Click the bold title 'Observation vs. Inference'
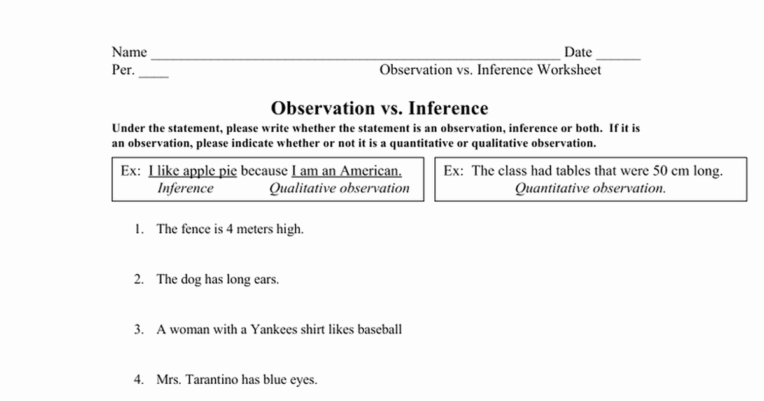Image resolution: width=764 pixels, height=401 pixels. pyautogui.click(x=379, y=108)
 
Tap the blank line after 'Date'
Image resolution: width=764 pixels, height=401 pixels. pyautogui.click(x=618, y=56)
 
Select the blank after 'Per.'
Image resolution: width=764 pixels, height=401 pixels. pyautogui.click(x=153, y=74)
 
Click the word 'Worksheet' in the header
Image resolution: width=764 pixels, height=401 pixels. pyautogui.click(x=568, y=70)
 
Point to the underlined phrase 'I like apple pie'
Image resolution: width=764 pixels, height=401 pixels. pyautogui.click(x=192, y=171)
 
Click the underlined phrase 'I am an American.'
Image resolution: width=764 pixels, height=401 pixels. pyautogui.click(x=346, y=171)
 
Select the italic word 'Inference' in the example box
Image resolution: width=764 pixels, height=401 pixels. pyautogui.click(x=185, y=188)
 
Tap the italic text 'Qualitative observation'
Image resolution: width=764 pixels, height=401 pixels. pyautogui.click(x=339, y=188)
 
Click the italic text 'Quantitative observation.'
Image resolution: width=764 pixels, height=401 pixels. pyautogui.click(x=590, y=188)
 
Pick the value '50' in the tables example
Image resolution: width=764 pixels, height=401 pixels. pyautogui.click(x=656, y=171)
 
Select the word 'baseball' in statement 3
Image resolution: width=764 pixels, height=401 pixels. pyautogui.click(x=379, y=330)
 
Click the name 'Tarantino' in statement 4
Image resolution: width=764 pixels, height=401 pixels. pyautogui.click(x=213, y=380)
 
